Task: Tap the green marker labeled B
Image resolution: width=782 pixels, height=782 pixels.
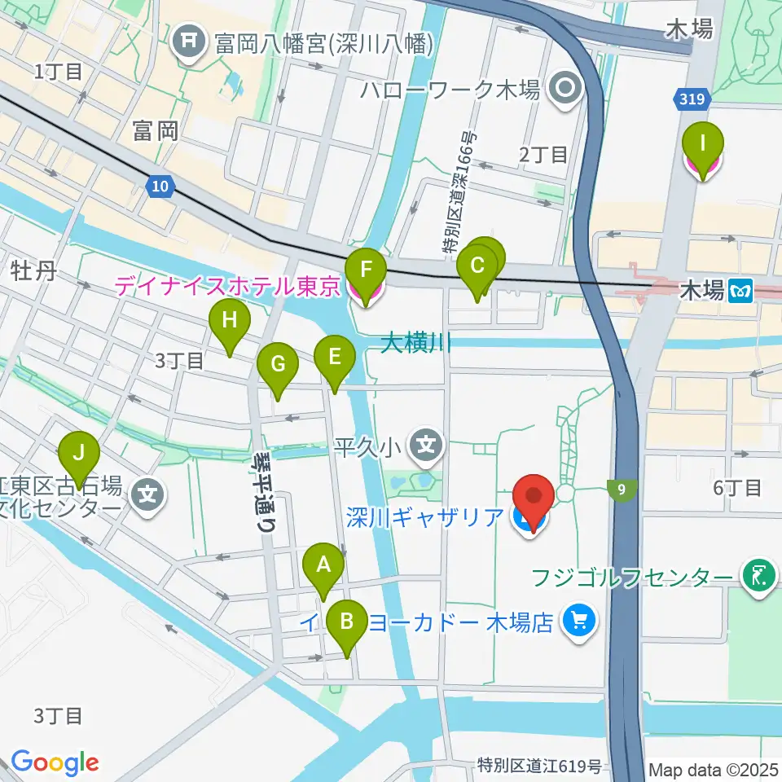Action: pos(347,622)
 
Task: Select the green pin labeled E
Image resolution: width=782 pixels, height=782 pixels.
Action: pos(334,356)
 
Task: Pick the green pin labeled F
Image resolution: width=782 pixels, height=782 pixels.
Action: pos(365,269)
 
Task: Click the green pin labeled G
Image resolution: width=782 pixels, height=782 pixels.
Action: pos(278,363)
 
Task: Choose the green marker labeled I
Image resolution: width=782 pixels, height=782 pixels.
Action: pos(702,144)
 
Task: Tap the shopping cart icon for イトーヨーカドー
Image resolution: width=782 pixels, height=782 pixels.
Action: pos(579,622)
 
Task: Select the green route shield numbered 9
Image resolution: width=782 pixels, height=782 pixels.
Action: pos(622,490)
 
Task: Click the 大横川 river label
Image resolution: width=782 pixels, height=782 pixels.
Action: pos(416,343)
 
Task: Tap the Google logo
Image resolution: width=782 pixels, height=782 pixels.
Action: pos(55,762)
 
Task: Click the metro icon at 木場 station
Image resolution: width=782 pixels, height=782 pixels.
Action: pos(740,289)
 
